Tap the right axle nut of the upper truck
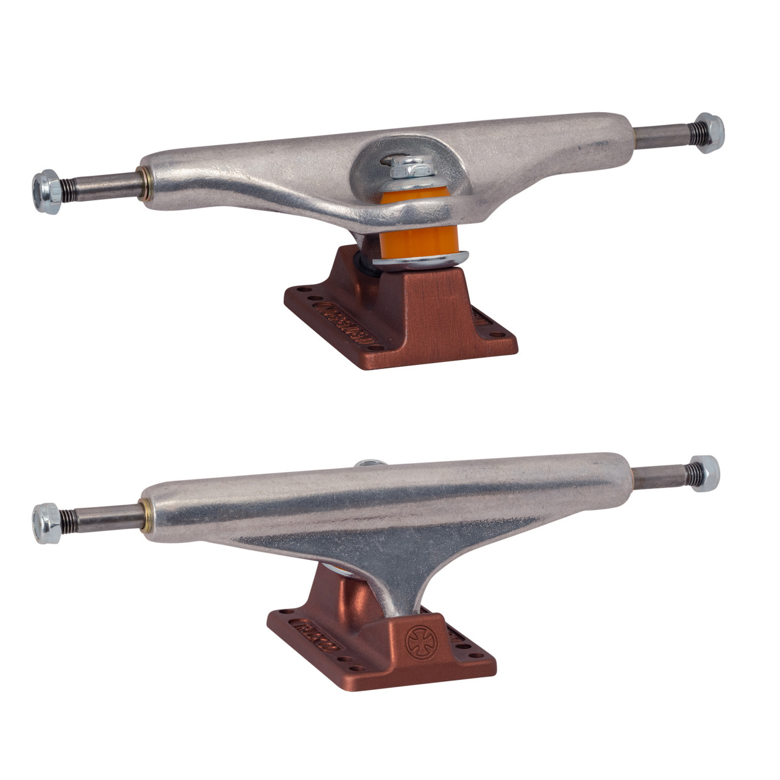(709, 132)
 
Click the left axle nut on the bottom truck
(47, 523)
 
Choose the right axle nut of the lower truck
(704, 473)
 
